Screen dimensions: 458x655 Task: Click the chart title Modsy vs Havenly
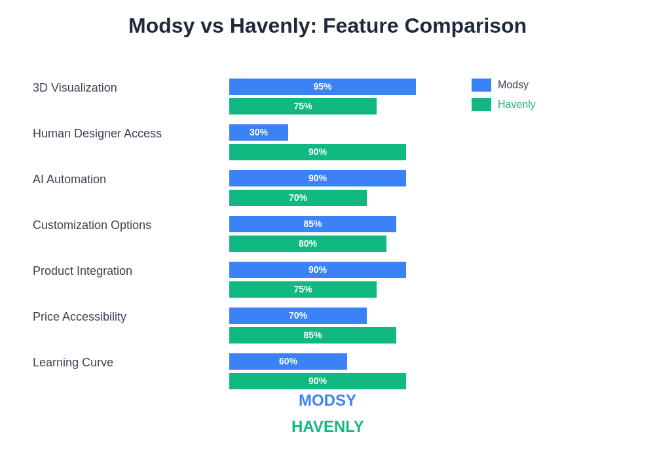[x=327, y=26]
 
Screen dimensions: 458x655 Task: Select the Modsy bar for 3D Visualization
[x=322, y=86]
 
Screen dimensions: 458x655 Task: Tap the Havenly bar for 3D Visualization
[x=303, y=106]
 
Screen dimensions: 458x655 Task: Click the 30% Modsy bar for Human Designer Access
[x=259, y=132]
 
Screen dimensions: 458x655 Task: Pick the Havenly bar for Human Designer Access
[x=318, y=152]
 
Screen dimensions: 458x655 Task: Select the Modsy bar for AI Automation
[x=318, y=178]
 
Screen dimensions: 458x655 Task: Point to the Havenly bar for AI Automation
[x=298, y=198]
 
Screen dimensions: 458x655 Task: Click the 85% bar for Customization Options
[x=312, y=224]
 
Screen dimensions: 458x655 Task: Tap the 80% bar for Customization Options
[x=308, y=243]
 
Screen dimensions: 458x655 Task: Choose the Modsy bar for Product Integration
[x=318, y=270]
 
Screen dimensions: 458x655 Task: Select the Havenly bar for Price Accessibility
[x=312, y=335]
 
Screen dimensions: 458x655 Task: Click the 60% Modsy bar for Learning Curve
[x=288, y=361]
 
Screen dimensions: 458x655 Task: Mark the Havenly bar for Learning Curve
[x=318, y=381]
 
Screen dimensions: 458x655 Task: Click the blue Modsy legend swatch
[x=481, y=85]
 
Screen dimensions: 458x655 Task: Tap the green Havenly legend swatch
[x=481, y=105]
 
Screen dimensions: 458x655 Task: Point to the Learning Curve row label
[x=73, y=362]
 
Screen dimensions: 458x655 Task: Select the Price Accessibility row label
[x=79, y=317]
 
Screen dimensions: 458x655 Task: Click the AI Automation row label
[x=69, y=179]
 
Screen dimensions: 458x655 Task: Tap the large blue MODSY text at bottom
[x=327, y=400]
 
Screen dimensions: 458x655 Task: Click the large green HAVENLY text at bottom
[x=327, y=427]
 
